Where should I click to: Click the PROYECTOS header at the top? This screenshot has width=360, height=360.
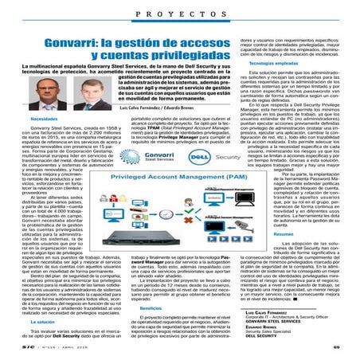pos(179,15)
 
